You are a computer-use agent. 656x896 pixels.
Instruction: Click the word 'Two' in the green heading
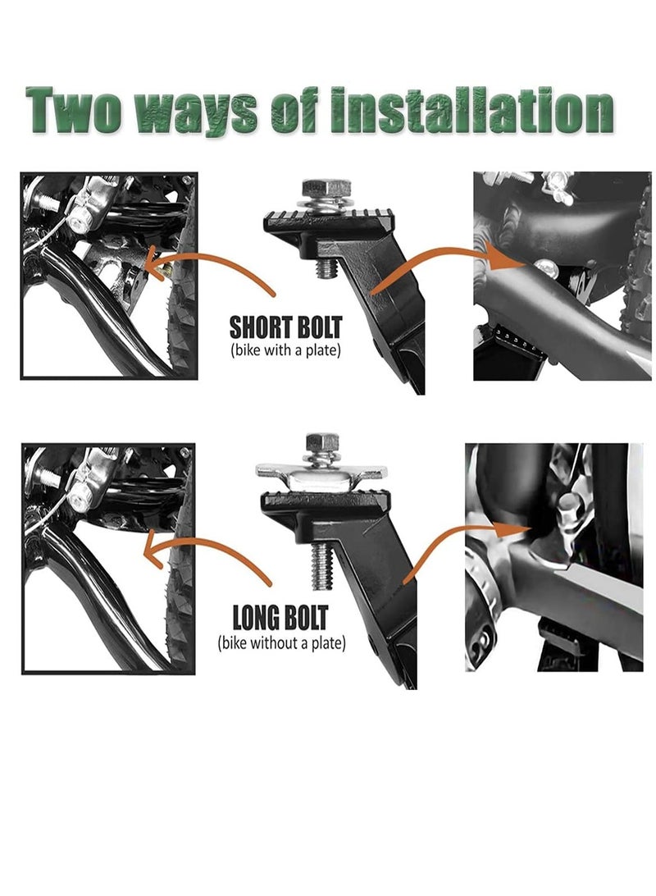[73, 110]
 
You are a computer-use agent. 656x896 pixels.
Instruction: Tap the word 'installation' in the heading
[472, 110]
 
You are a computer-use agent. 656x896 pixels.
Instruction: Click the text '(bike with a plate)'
[285, 350]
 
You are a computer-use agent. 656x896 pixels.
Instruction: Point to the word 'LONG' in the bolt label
[256, 619]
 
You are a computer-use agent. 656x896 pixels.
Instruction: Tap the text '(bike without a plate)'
[281, 642]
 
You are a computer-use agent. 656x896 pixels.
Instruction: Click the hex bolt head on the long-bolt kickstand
[324, 441]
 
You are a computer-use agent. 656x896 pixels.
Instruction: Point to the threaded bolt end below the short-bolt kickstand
[328, 270]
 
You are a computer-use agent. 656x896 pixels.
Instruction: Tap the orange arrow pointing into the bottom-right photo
[451, 537]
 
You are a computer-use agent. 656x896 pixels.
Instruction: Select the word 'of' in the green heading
[294, 110]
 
